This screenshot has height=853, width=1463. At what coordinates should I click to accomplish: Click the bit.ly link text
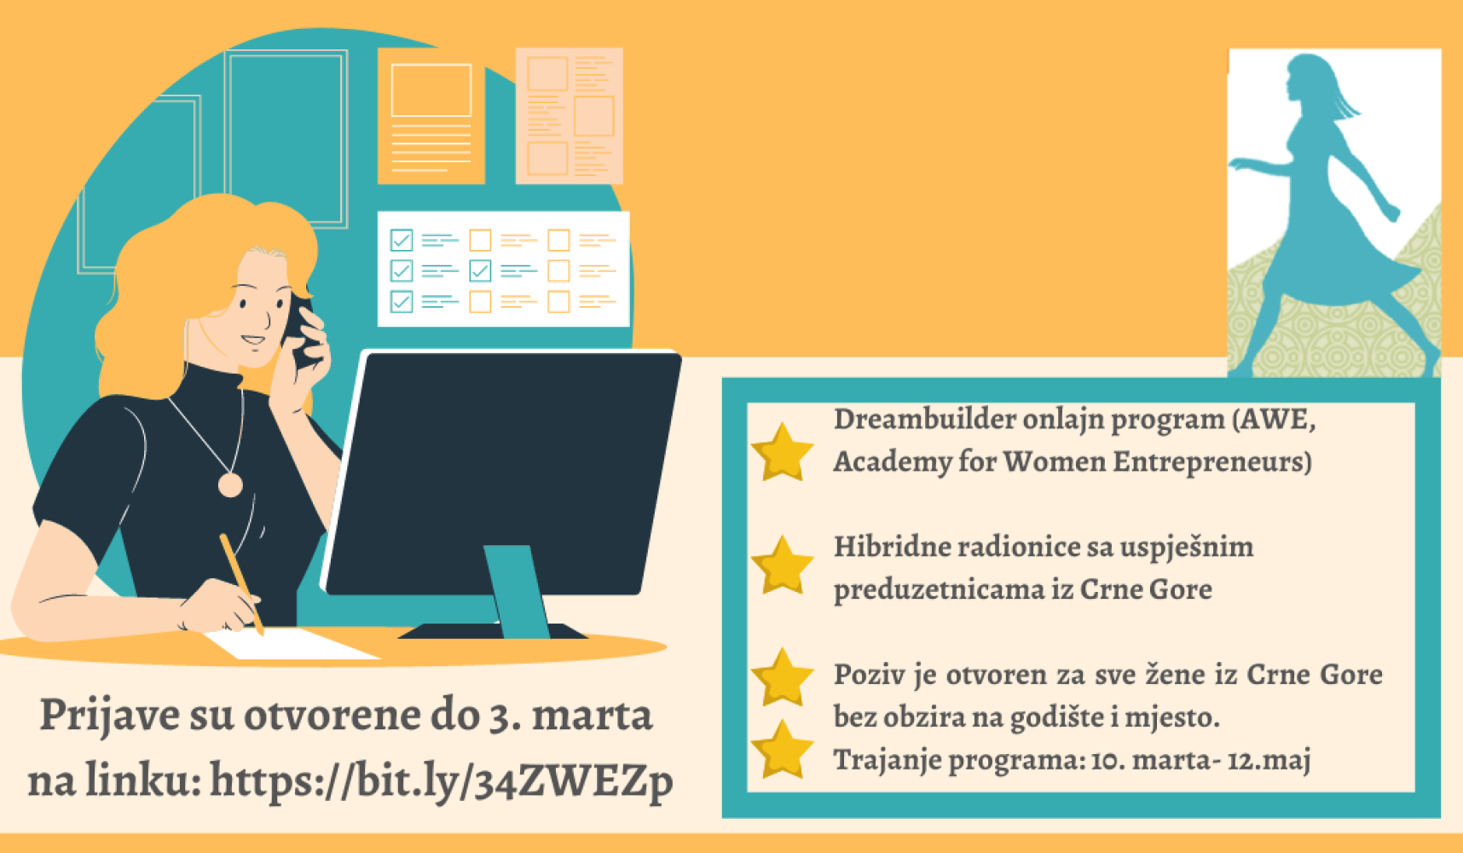coord(441,780)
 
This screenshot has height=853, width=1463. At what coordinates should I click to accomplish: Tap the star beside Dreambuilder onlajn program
coord(782,452)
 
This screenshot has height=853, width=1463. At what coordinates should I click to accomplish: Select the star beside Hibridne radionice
coord(782,565)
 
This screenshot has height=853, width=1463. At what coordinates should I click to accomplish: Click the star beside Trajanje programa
coord(782,749)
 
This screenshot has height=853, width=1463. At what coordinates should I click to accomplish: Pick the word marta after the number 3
coord(592,715)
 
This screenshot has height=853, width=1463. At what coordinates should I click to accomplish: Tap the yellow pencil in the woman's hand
coord(241,583)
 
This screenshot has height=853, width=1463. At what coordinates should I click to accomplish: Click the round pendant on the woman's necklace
coord(230,485)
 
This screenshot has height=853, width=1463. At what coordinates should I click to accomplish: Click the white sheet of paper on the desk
coord(290,644)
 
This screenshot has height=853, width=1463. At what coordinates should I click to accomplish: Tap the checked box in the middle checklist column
coord(480,270)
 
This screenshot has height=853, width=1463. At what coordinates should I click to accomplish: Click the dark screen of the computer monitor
coord(503,472)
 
